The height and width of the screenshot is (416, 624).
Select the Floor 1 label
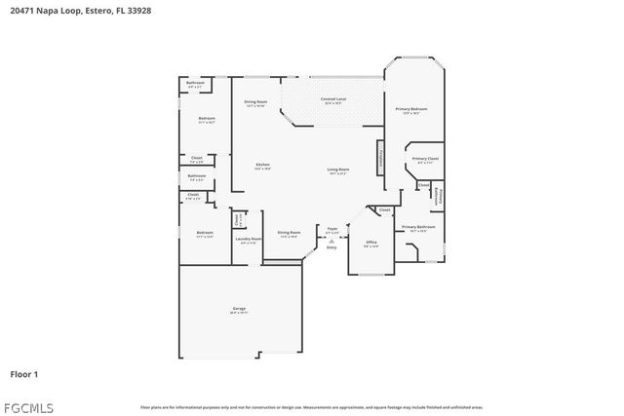[x=24, y=373]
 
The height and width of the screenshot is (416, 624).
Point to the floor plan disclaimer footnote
[x=311, y=407]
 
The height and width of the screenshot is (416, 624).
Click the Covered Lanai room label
[x=333, y=100]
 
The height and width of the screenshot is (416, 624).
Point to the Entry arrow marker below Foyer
[x=332, y=242]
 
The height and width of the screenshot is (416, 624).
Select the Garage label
[x=239, y=309]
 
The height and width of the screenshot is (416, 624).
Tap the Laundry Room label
[x=249, y=239]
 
